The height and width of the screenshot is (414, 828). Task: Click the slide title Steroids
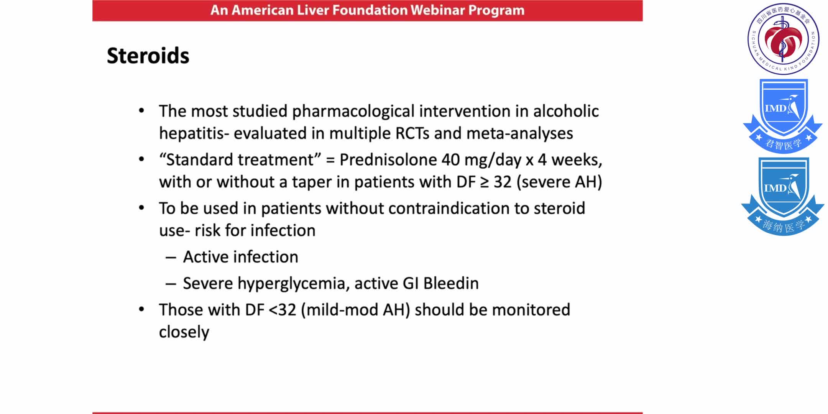click(x=148, y=56)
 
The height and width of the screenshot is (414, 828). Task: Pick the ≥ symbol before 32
click(x=485, y=182)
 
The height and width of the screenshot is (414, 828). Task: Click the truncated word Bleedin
click(x=451, y=284)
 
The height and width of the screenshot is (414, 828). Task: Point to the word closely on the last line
click(x=184, y=332)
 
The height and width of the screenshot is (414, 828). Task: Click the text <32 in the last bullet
click(x=283, y=310)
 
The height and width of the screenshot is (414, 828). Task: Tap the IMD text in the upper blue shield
click(x=775, y=109)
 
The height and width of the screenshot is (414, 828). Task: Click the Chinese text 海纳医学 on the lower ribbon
click(x=783, y=226)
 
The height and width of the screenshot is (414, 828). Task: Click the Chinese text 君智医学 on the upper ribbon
click(x=783, y=145)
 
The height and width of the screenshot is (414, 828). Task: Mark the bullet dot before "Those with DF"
click(x=141, y=309)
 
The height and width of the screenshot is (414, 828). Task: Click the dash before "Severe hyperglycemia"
click(x=171, y=284)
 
